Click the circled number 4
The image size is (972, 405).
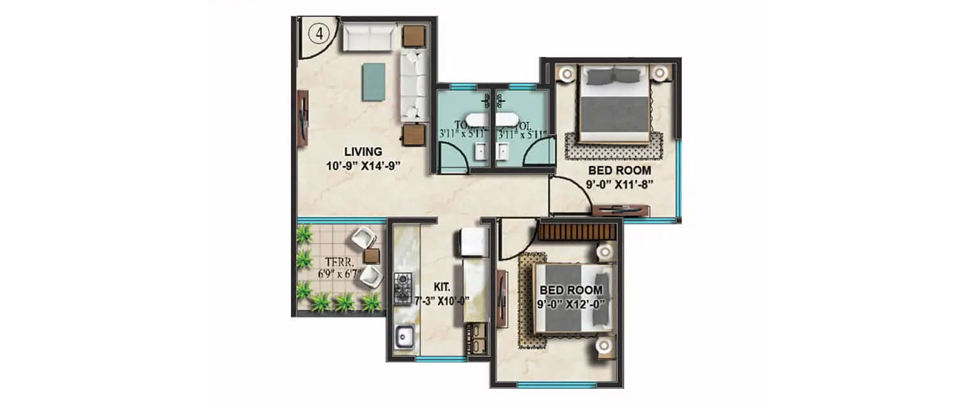(318, 34)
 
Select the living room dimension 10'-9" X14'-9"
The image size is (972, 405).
(361, 165)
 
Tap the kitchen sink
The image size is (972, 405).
(406, 337)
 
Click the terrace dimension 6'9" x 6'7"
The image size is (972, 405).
(338, 274)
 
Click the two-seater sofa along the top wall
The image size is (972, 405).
(369, 37)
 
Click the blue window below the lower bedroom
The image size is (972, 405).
(557, 385)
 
